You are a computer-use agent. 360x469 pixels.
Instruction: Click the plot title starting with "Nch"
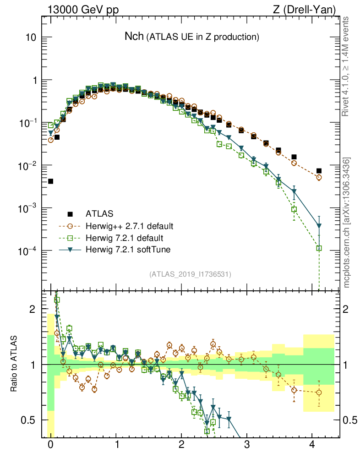click(192, 37)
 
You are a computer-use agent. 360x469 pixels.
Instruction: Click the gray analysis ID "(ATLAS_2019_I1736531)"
click(190, 274)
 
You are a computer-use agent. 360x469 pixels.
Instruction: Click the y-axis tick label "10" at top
click(31, 38)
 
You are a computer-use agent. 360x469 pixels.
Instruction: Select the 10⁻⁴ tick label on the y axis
click(28, 251)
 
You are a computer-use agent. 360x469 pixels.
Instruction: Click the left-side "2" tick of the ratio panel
click(33, 309)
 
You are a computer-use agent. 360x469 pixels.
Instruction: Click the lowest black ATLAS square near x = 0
click(50, 181)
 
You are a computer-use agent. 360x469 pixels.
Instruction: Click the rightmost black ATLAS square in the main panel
click(319, 171)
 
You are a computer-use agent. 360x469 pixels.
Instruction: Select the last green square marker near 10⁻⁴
click(319, 248)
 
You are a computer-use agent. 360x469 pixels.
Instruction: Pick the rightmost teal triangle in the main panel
click(319, 226)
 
